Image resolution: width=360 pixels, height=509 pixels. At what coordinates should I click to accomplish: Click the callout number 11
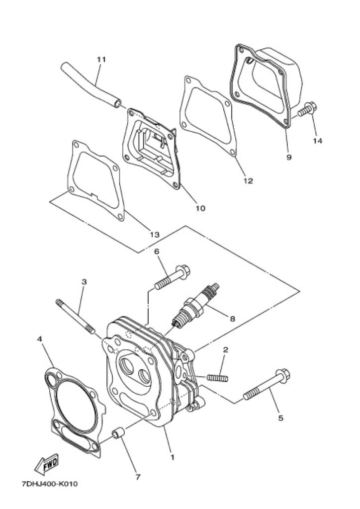(x=101, y=60)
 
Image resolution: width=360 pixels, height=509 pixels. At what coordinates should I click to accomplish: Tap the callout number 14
(x=318, y=141)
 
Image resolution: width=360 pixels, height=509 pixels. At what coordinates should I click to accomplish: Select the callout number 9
(x=289, y=158)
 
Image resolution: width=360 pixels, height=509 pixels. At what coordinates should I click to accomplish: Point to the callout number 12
(x=248, y=181)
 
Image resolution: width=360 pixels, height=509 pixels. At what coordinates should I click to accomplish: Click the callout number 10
(x=200, y=208)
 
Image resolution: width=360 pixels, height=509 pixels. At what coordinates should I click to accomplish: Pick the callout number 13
(x=155, y=234)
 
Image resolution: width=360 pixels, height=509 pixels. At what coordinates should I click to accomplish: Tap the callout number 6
(x=157, y=251)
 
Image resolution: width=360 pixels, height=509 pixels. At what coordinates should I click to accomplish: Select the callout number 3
(x=84, y=282)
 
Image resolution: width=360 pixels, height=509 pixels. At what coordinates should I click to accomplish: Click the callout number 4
(x=40, y=339)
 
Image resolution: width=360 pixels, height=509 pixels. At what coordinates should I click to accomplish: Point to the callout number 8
(x=232, y=319)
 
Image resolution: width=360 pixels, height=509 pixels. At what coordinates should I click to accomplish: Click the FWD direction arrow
(x=46, y=464)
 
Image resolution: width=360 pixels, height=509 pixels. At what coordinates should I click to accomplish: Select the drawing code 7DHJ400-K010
(x=50, y=484)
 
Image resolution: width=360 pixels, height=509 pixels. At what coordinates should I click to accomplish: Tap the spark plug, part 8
(x=195, y=306)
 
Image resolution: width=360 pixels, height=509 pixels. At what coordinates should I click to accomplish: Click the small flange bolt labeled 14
(x=307, y=109)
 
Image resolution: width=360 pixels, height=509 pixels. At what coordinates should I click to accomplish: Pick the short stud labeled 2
(x=217, y=378)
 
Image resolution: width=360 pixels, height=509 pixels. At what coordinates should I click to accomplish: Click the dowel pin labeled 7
(x=118, y=433)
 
